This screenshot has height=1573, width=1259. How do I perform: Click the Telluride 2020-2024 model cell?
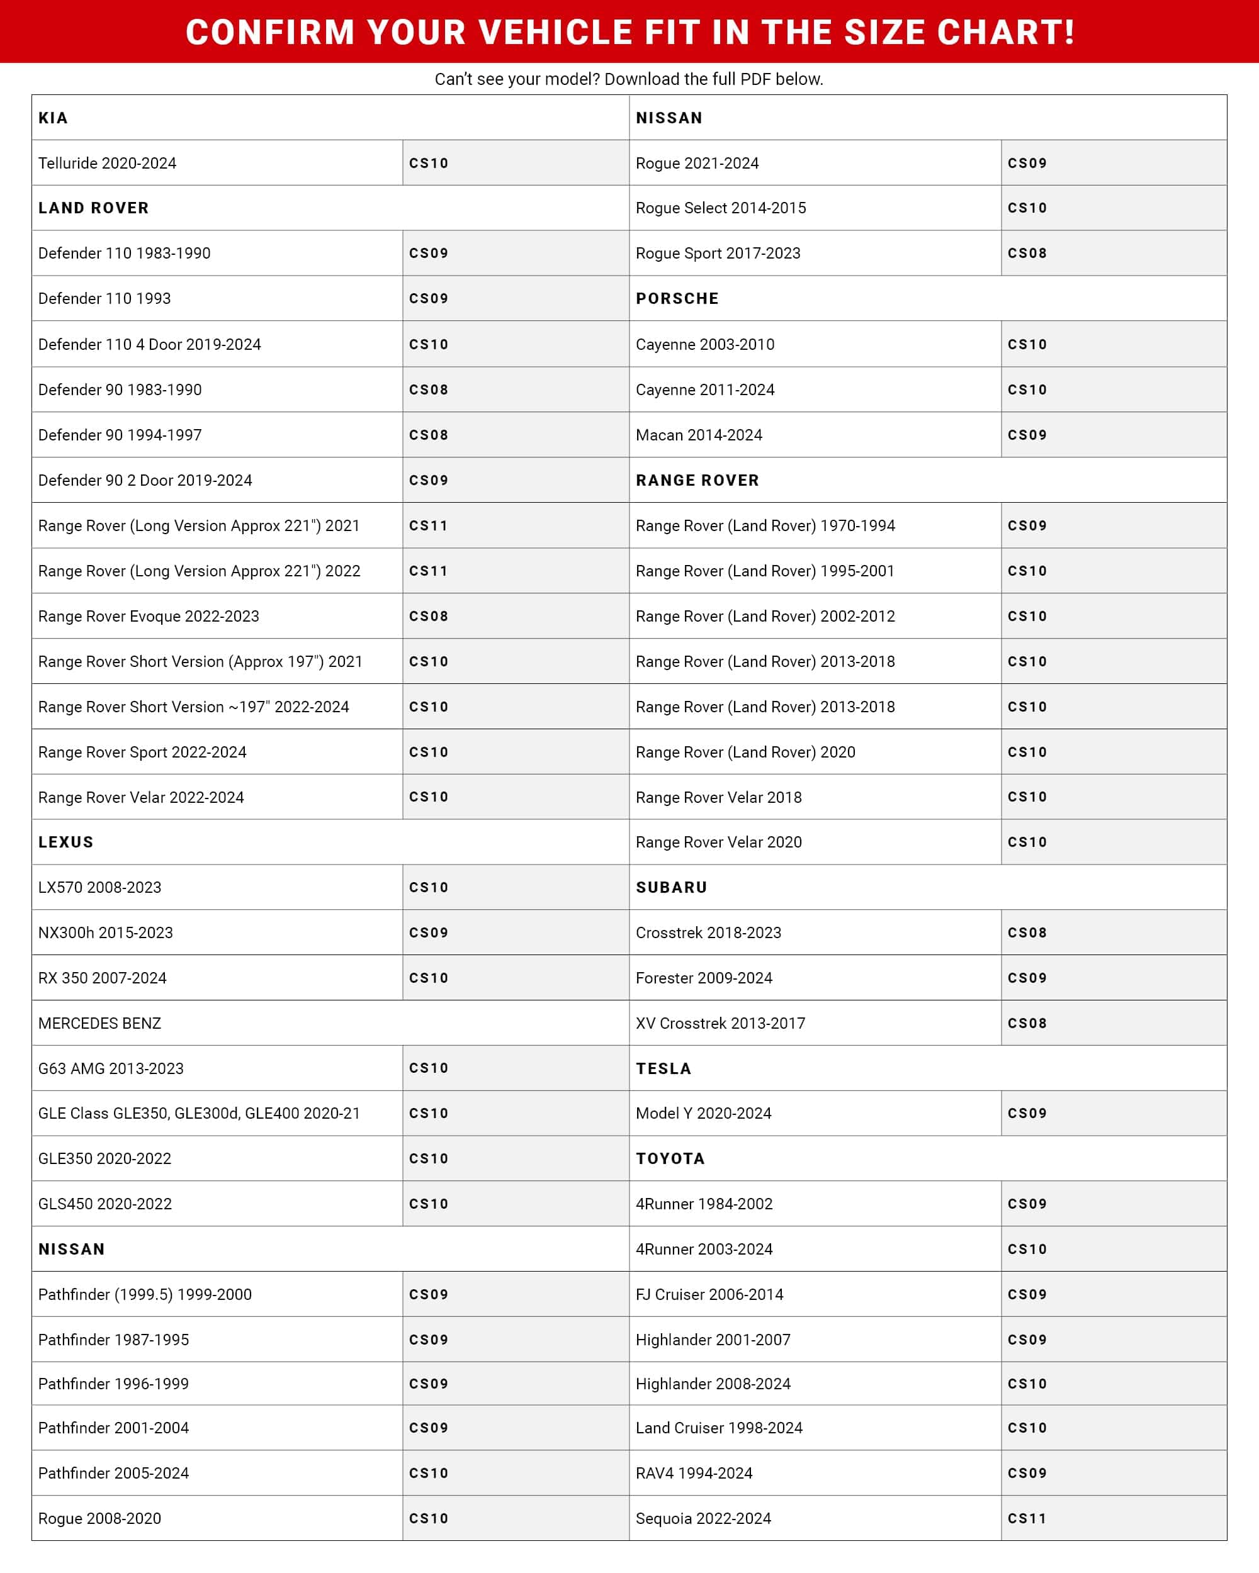click(107, 164)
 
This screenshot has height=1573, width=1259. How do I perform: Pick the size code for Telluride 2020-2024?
click(429, 164)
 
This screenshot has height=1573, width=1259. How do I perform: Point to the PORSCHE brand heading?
click(677, 298)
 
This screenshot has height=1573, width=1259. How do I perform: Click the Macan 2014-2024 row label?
click(699, 435)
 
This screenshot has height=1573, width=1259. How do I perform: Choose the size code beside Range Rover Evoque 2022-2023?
click(429, 617)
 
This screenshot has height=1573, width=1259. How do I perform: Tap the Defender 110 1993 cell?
click(104, 298)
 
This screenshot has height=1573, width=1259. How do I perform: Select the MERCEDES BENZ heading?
click(99, 1023)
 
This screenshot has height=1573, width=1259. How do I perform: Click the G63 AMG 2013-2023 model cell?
click(111, 1068)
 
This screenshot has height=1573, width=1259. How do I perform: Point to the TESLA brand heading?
click(663, 1069)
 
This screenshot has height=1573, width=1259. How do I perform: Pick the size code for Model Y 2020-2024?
click(1027, 1113)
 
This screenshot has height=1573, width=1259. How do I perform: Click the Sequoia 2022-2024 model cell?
click(703, 1518)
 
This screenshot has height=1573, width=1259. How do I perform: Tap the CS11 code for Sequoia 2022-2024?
click(1027, 1518)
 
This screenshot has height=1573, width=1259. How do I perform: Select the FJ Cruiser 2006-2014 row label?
click(709, 1294)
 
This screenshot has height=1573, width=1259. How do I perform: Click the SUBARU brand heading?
click(672, 887)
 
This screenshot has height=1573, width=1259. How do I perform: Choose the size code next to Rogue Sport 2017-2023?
click(1027, 253)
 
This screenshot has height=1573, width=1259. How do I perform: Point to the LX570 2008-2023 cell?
click(99, 887)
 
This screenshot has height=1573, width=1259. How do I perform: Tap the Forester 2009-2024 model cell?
click(704, 978)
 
